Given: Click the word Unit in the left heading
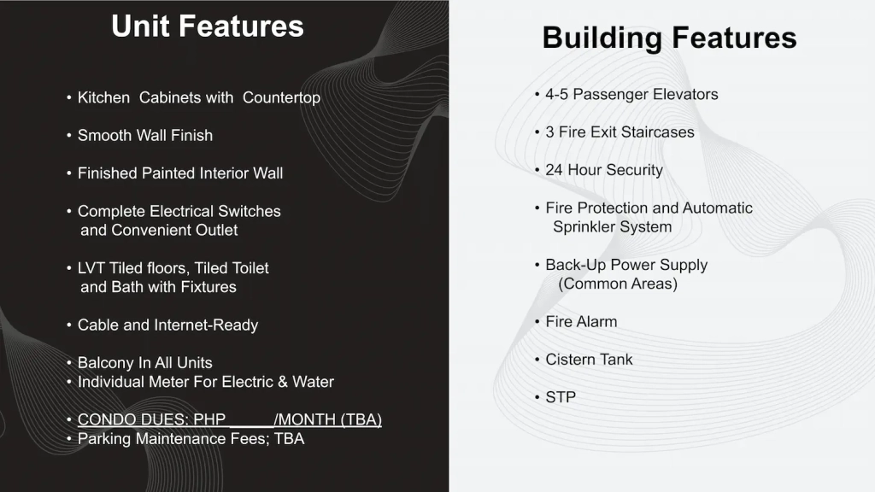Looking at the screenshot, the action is tap(141, 26).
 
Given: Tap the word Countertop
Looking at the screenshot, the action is tap(281, 97).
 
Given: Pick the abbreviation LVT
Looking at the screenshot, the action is tap(91, 267).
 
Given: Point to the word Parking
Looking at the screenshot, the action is tap(104, 439).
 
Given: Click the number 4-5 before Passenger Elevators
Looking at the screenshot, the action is tap(556, 94).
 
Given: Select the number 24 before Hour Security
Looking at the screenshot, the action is tap(554, 170).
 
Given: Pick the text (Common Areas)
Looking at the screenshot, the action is tap(618, 284).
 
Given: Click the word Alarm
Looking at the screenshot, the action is tap(598, 321).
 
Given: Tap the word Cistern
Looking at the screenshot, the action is tap(568, 360).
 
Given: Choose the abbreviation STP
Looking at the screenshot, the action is tap(561, 397).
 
